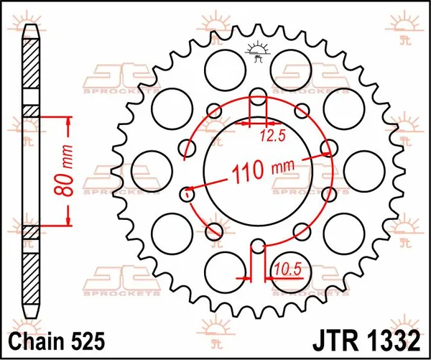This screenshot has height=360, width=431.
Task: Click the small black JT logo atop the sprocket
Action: pyautogui.click(x=256, y=52)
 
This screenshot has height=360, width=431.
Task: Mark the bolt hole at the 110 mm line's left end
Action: pyautogui.click(x=188, y=193)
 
